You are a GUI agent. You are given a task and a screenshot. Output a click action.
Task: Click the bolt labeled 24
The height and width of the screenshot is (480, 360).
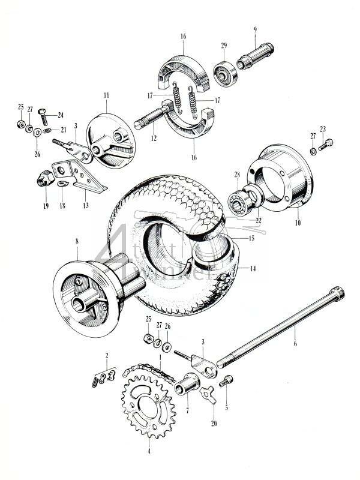pos(42,113)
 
